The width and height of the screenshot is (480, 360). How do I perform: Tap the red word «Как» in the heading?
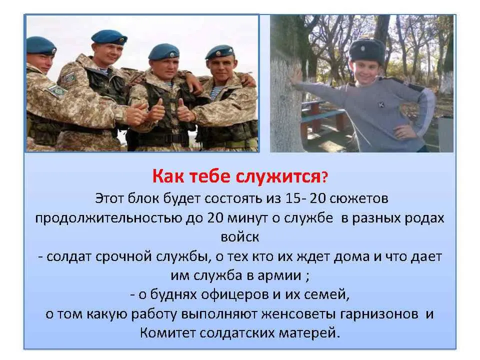tap(168, 176)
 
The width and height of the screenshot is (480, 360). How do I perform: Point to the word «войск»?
tap(240, 237)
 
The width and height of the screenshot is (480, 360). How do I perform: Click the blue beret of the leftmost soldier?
tap(40, 45)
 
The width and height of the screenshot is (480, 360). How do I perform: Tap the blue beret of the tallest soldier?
tap(109, 37)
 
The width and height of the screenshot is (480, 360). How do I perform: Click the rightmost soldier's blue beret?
tap(220, 52)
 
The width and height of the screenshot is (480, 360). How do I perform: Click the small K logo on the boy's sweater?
tap(381, 105)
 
